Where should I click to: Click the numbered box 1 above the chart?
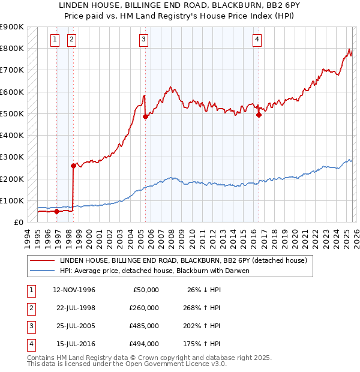click(55, 40)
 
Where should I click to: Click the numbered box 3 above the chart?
click(144, 40)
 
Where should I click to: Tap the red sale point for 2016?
click(259, 115)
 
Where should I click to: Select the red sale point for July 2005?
click(145, 117)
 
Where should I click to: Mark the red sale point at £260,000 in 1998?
click(73, 166)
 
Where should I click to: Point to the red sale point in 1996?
click(56, 211)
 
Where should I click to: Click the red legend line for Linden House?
click(43, 261)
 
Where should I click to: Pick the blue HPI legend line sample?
click(43, 271)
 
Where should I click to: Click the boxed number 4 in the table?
click(30, 344)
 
